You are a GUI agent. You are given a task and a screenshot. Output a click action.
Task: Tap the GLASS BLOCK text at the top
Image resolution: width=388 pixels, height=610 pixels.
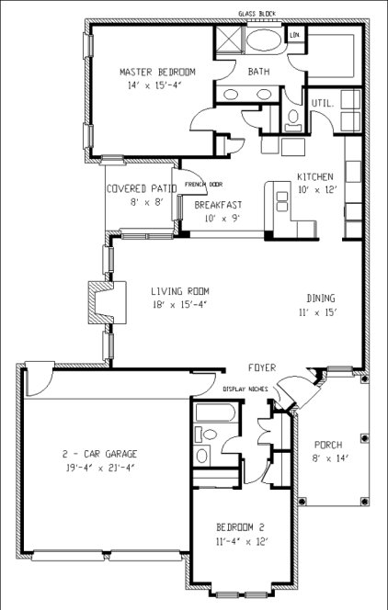(x=257, y=13)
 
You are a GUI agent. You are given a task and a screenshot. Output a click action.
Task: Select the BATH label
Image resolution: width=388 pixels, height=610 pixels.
(x=257, y=71)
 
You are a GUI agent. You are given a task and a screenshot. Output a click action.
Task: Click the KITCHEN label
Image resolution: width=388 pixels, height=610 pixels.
(x=314, y=176)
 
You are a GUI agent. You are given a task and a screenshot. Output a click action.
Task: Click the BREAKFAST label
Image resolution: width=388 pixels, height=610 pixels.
(x=217, y=205)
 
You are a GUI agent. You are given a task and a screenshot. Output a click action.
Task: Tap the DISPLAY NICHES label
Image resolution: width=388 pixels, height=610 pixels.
(x=245, y=389)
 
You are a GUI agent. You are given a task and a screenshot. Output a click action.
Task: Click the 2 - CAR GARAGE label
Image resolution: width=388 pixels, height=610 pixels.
(x=101, y=454)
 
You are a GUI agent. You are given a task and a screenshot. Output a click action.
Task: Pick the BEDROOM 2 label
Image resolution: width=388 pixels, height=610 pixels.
(x=240, y=526)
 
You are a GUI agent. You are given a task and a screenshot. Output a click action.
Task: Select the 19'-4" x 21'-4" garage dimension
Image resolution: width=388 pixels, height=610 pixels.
(x=101, y=468)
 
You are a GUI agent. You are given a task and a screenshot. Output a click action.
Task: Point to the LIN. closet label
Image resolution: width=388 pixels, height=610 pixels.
(x=295, y=35)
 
